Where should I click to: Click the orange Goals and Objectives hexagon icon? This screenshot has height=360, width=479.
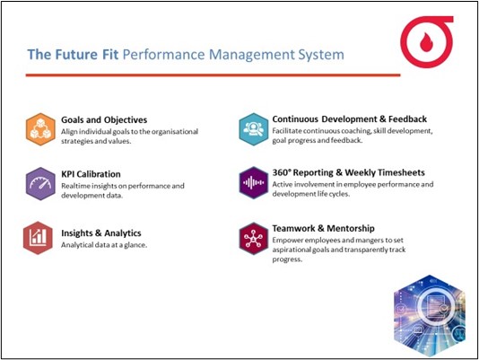[x=40, y=129]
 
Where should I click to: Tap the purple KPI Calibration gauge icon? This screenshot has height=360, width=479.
[x=40, y=184]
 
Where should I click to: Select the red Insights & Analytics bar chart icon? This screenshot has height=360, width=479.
[x=38, y=238]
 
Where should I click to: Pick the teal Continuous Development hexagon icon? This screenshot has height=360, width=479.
[x=254, y=129]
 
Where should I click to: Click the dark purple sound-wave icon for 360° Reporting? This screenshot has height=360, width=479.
[x=254, y=183]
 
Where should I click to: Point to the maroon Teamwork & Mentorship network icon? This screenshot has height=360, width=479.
[x=254, y=239]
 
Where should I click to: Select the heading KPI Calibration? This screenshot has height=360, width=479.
[x=91, y=174]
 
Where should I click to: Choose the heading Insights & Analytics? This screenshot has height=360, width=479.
[x=101, y=233]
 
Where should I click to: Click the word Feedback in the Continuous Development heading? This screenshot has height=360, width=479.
[x=407, y=119]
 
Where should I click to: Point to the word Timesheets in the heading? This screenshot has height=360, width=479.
[x=400, y=172]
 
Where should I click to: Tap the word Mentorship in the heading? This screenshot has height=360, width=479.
[x=351, y=228]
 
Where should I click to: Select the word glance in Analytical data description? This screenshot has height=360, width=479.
[x=135, y=245]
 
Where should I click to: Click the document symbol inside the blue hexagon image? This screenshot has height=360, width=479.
[x=435, y=306]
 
